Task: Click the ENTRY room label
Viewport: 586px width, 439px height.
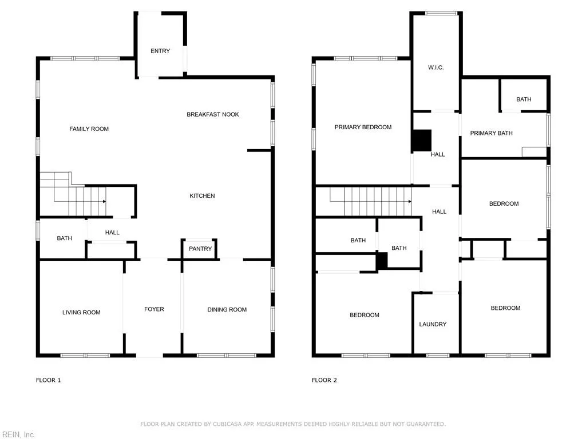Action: click(160, 51)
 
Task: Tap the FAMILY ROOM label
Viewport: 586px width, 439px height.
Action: click(89, 129)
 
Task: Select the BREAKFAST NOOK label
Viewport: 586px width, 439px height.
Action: click(213, 114)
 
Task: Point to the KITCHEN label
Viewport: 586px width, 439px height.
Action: click(202, 196)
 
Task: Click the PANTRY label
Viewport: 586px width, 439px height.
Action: click(200, 249)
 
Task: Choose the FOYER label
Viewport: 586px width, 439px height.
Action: click(154, 309)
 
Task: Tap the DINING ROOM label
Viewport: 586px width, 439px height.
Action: click(227, 310)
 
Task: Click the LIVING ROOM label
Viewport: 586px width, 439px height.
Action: click(81, 312)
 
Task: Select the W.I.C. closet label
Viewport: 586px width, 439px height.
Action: click(435, 67)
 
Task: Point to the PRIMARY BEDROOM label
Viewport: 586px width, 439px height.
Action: click(363, 127)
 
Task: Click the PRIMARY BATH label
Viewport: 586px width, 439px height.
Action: click(491, 133)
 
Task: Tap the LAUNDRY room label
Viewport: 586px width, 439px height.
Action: click(433, 324)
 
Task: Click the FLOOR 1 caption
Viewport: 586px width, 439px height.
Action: click(48, 380)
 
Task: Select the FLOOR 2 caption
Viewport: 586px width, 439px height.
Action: click(324, 380)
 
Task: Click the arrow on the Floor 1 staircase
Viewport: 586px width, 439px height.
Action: click(104, 201)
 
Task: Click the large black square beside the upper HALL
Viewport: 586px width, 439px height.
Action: click(422, 140)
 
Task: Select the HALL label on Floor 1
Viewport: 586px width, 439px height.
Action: click(112, 233)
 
